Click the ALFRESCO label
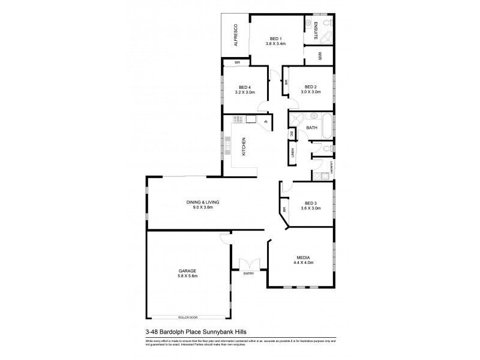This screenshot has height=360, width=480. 236,35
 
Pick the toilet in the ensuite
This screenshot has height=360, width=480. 326,22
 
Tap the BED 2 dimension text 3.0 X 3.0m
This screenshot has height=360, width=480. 311,92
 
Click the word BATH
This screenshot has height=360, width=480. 312,128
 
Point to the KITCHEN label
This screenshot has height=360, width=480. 244,146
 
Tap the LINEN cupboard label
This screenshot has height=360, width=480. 293,154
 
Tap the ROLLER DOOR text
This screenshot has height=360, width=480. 187,317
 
